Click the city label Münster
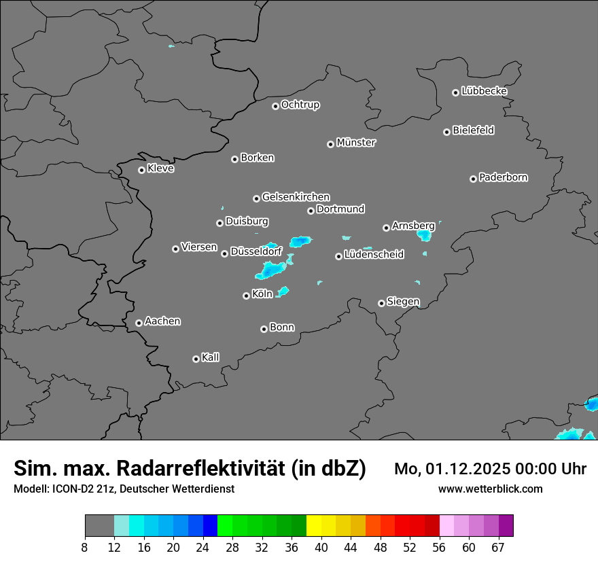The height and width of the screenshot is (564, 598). tap(356, 143)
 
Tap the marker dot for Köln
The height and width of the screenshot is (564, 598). tap(246, 296)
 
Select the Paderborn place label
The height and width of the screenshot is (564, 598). tap(504, 177)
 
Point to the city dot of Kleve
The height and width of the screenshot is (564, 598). tap(141, 170)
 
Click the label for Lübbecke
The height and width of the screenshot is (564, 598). tap(484, 91)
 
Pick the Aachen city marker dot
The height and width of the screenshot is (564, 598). tap(139, 323)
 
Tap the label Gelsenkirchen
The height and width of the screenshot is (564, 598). tap(296, 197)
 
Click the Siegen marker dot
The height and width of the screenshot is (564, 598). tap(381, 303)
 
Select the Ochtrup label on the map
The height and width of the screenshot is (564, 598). tap(300, 105)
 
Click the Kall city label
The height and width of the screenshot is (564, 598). tap(211, 357)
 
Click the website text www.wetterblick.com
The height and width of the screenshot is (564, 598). tap(490, 489)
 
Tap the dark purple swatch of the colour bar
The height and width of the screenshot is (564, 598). tap(506, 526)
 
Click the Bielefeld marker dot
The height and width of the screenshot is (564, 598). tap(446, 132)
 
